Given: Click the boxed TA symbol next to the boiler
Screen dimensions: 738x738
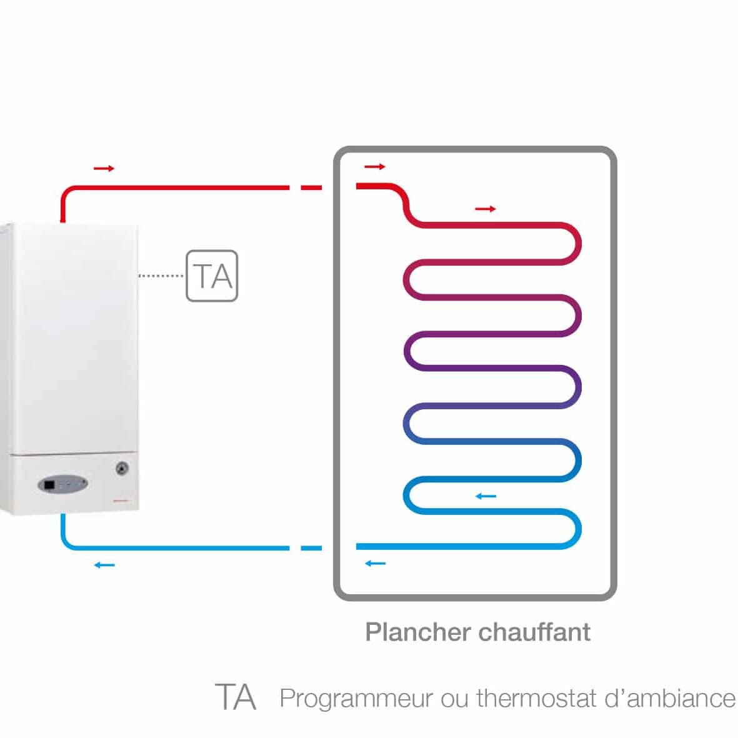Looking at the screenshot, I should click(x=212, y=276).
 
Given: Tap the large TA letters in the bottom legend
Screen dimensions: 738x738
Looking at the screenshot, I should click(x=236, y=697).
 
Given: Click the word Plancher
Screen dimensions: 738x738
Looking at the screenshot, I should click(x=418, y=632).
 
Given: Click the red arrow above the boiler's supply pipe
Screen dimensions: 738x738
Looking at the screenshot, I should click(x=104, y=168).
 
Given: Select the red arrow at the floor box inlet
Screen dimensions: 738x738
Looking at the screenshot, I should click(x=375, y=167).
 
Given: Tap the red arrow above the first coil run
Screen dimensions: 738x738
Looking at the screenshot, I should click(x=486, y=209).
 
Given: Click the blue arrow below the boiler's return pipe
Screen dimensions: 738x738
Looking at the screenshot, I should click(x=104, y=565).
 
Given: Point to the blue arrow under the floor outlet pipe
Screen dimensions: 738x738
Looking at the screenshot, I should click(x=375, y=564).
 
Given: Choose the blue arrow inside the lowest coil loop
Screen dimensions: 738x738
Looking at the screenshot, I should click(x=486, y=496).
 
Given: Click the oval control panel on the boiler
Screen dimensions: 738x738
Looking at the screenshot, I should click(x=62, y=484).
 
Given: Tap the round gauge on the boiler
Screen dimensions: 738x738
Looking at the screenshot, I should click(x=122, y=468).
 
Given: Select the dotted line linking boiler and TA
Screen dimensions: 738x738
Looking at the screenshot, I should click(x=161, y=275).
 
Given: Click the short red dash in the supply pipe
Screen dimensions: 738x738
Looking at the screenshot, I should click(x=311, y=187).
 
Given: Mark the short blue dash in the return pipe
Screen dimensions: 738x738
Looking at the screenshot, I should click(x=311, y=548).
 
